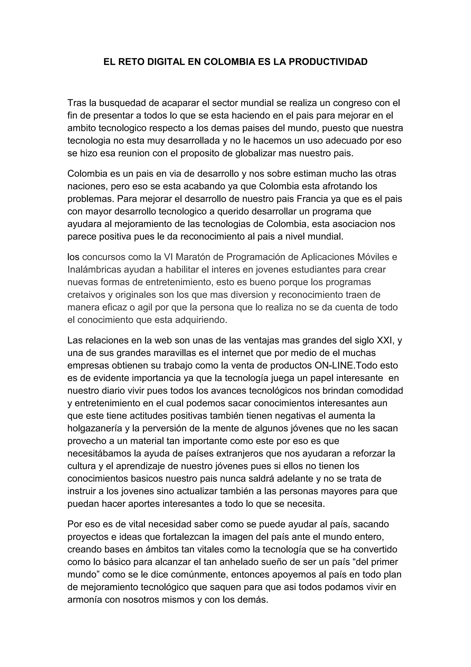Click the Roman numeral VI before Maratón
click(x=168, y=257)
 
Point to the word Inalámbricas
click(x=94, y=270)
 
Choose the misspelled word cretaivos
click(x=86, y=295)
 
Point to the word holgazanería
click(x=97, y=429)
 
